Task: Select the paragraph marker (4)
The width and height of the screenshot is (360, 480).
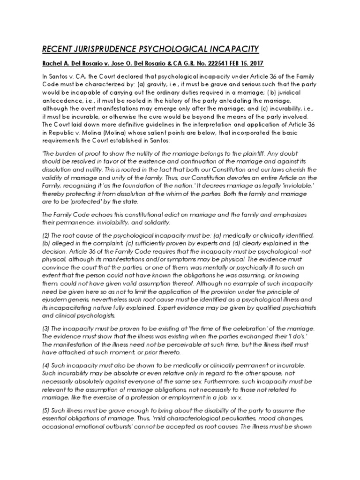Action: [47, 364]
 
